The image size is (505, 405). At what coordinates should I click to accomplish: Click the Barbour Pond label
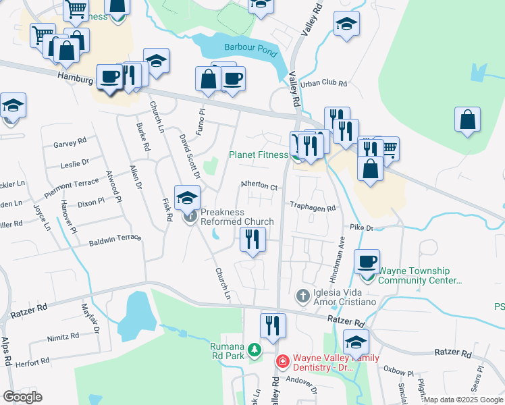247,49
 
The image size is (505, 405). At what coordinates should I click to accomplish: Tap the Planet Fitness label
259,155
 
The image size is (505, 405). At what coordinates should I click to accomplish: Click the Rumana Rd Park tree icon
255,350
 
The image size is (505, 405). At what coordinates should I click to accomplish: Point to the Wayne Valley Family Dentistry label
331,362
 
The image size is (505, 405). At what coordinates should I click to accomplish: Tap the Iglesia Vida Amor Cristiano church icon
302,296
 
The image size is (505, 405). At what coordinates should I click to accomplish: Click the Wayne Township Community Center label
419,276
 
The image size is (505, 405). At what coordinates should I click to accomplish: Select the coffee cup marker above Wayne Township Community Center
367,261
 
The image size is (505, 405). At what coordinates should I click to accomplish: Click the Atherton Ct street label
260,186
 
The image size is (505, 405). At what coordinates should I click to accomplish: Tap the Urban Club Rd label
323,84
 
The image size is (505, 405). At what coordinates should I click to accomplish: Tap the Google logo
22,397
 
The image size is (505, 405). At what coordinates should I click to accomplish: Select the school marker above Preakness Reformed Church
187,197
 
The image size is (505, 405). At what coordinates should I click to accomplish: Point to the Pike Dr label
361,228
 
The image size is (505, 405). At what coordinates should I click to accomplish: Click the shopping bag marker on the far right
467,121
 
